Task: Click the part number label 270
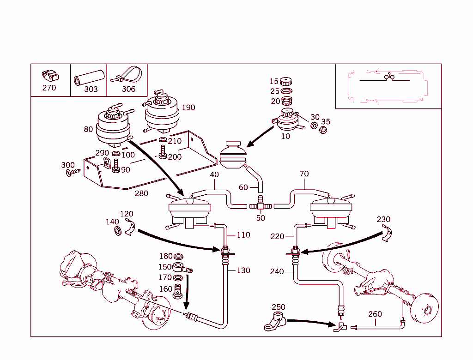tap(49, 88)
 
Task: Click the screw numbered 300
tap(73, 173)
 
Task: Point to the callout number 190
tap(188, 108)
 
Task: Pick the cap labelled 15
tap(287, 82)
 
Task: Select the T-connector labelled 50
tap(261, 204)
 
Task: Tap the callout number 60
tap(243, 187)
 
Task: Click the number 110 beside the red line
tap(243, 235)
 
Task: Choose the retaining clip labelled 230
tap(388, 235)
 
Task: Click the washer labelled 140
tap(118, 230)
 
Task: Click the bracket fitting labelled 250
tap(275, 322)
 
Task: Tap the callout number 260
tap(375, 314)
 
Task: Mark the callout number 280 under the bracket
tap(141, 193)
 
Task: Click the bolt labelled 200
tap(162, 152)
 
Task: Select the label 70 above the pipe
tap(304, 174)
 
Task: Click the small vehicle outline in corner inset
tap(388, 86)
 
